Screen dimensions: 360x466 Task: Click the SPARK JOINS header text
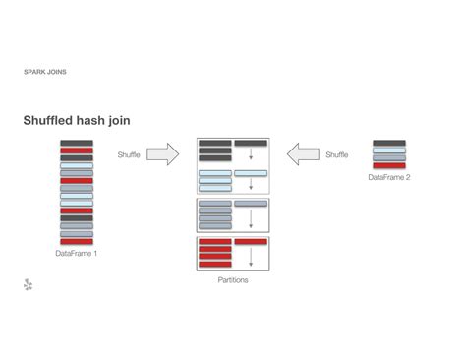[x=45, y=72]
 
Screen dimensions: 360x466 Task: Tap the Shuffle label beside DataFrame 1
[x=129, y=154]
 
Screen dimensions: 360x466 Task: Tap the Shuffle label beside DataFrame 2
[x=336, y=154]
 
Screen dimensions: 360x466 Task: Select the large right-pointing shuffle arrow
[x=164, y=153]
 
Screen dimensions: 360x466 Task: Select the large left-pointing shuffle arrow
[x=303, y=153]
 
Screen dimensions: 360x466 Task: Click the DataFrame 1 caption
[x=77, y=253]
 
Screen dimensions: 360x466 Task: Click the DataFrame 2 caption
[x=389, y=177]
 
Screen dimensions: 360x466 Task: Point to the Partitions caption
[x=233, y=280]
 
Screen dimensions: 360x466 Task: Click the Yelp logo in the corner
[x=29, y=285]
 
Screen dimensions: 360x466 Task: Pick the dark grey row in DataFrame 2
[x=389, y=144]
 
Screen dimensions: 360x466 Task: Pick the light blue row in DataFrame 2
[x=389, y=150]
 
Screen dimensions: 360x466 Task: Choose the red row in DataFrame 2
[x=389, y=165]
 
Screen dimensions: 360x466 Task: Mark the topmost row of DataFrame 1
[x=77, y=144]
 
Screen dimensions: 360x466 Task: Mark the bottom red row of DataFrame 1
[x=77, y=241]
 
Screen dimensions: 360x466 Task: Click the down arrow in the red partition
[x=251, y=256]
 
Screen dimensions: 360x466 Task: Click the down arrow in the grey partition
[x=251, y=216]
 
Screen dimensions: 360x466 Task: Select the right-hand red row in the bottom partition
[x=251, y=241]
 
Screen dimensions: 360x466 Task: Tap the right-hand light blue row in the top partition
[x=251, y=173]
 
